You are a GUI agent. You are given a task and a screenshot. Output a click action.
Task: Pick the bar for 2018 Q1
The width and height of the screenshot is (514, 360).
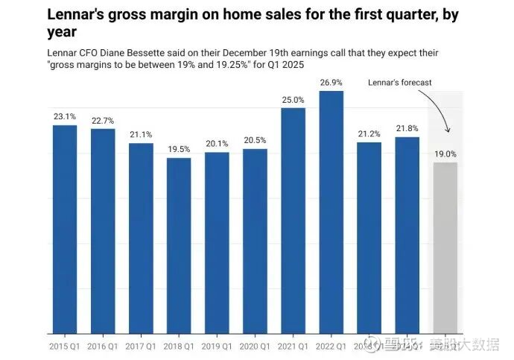click(x=179, y=245)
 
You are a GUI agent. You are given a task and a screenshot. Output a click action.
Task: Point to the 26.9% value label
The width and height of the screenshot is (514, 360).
click(x=331, y=83)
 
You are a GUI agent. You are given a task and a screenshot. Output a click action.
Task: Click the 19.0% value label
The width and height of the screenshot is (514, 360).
click(x=445, y=154)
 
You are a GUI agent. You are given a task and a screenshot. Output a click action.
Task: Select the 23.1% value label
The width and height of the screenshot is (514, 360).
click(x=65, y=117)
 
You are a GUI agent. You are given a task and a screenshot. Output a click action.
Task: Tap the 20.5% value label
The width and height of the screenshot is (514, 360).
click(x=255, y=141)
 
